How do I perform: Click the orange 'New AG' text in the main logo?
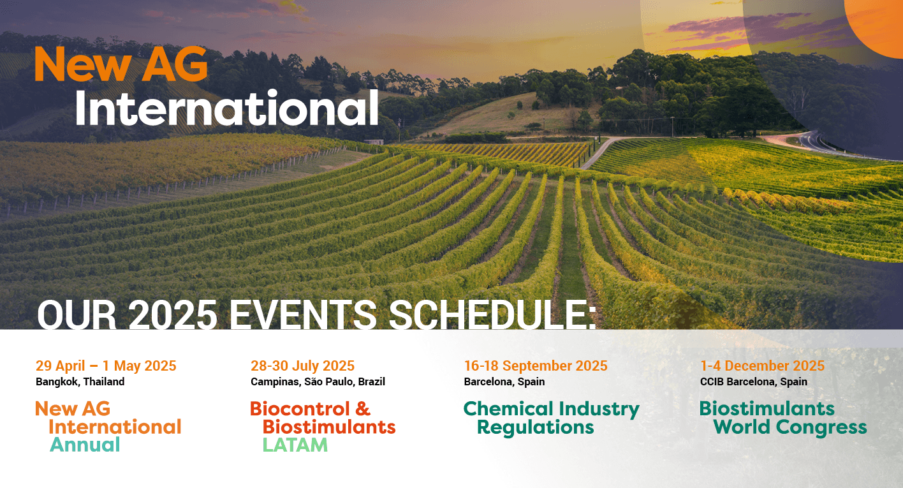click(121, 64)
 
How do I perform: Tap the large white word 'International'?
click(226, 108)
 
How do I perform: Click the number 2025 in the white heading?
click(173, 314)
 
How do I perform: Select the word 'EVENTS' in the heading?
click(303, 314)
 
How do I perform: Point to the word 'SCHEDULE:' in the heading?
click(492, 314)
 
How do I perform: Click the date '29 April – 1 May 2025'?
click(106, 366)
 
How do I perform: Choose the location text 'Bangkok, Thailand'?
click(80, 381)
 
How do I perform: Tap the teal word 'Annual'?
click(85, 445)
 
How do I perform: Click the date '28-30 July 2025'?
click(302, 366)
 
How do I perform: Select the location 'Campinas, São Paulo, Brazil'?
click(318, 381)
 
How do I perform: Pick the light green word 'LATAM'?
click(295, 445)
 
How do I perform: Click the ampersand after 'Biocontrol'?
click(363, 408)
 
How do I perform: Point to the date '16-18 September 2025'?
click(536, 366)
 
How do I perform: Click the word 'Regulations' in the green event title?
click(535, 428)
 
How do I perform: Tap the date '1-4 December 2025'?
click(762, 366)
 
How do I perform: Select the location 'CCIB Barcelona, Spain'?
click(753, 381)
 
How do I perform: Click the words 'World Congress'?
click(790, 427)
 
